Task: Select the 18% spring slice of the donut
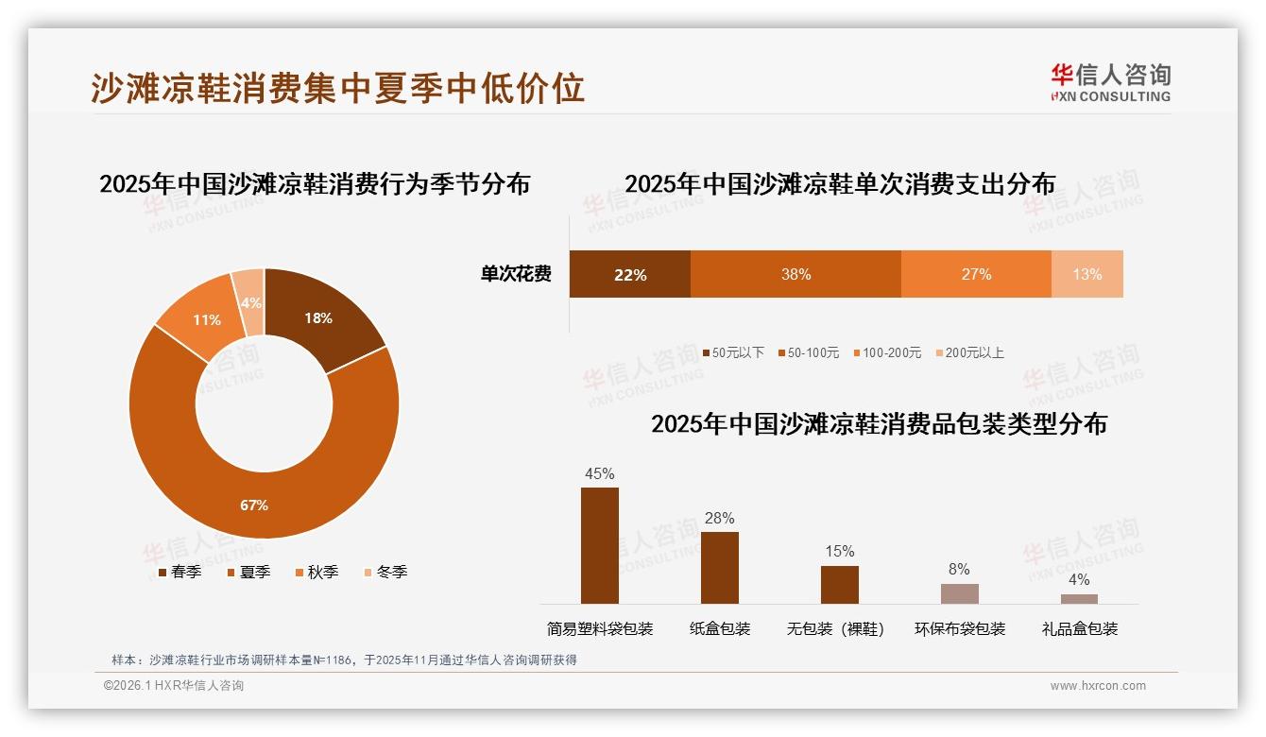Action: coord(321,317)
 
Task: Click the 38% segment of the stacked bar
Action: coord(796,274)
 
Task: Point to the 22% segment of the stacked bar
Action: coord(629,274)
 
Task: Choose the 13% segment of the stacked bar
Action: coord(1086,274)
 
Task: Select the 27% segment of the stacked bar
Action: coord(976,274)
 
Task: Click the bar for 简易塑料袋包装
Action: coord(600,546)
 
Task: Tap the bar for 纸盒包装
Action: coord(720,568)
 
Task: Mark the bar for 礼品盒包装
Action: coord(1079,598)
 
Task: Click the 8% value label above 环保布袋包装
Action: coord(959,569)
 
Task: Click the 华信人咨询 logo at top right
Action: coord(1110,81)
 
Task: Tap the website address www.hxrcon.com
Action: coord(1098,686)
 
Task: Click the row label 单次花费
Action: coord(516,274)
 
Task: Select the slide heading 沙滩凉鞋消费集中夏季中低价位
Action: coord(338,87)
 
